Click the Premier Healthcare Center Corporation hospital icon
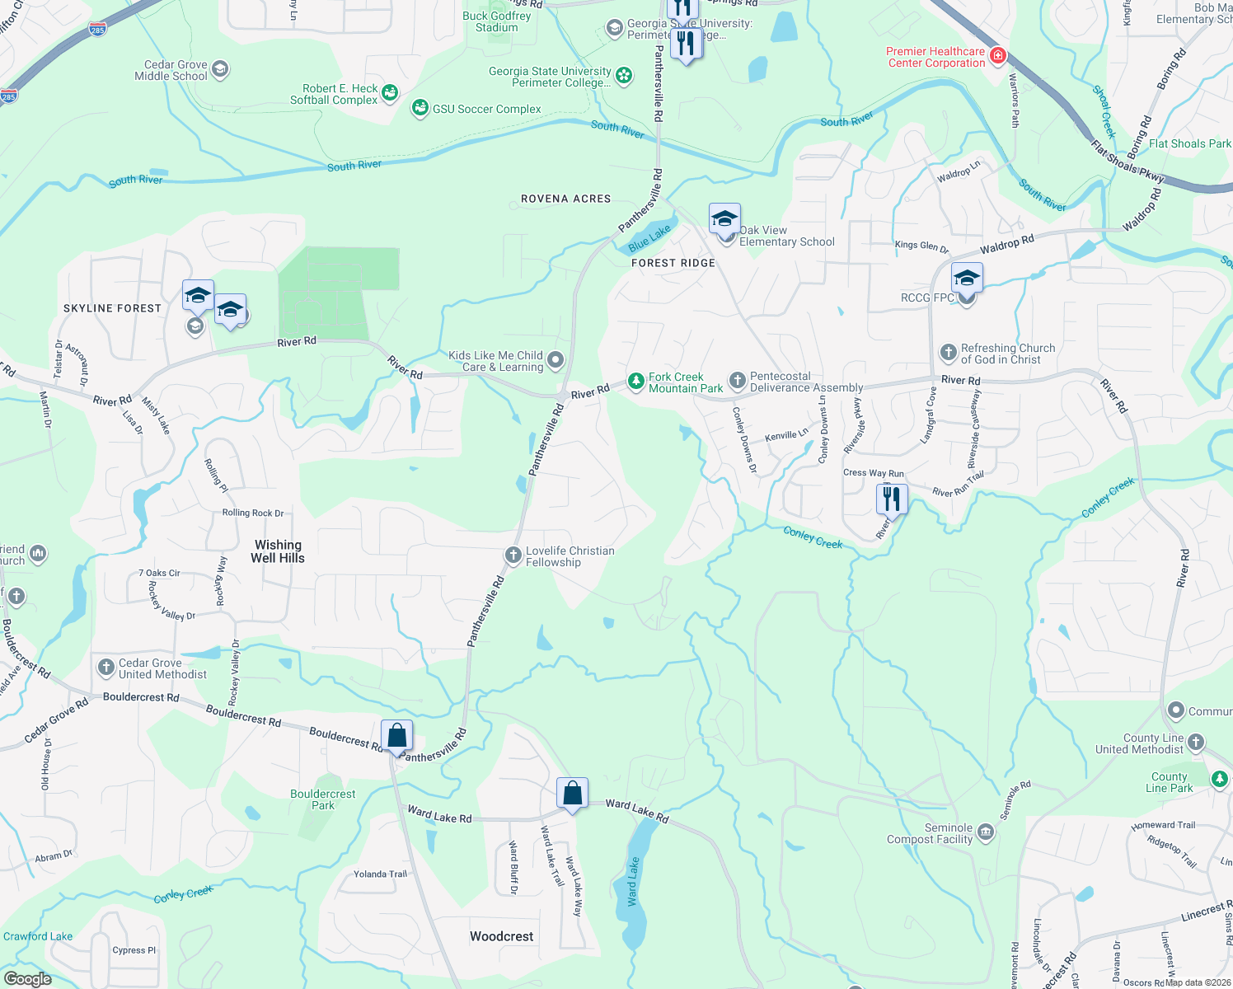997,56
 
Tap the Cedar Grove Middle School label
171,70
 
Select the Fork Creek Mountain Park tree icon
635,381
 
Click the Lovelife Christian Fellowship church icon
513,555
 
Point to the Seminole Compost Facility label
930,833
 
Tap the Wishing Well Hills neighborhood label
278,551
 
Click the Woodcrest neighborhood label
501,936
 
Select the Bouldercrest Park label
323,799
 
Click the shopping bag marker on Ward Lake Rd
572,794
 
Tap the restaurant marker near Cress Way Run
891,499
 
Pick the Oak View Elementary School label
786,237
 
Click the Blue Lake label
649,239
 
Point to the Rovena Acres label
565,199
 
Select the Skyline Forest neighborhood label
112,308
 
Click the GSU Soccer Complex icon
420,108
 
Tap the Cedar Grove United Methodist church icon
105,668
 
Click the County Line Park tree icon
1219,779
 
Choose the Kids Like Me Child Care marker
556,359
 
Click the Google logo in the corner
27,978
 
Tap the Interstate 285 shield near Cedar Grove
97,30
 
